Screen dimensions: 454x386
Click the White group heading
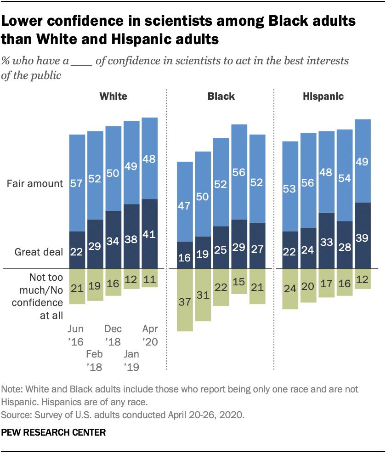(114, 96)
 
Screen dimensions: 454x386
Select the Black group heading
(221, 96)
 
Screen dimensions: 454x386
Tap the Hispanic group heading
(323, 96)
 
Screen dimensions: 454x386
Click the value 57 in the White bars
(77, 183)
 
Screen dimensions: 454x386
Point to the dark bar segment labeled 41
(150, 233)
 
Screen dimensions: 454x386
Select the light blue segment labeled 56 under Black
(239, 172)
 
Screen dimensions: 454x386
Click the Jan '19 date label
(131, 360)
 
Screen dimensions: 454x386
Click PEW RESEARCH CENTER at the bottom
(54, 432)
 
